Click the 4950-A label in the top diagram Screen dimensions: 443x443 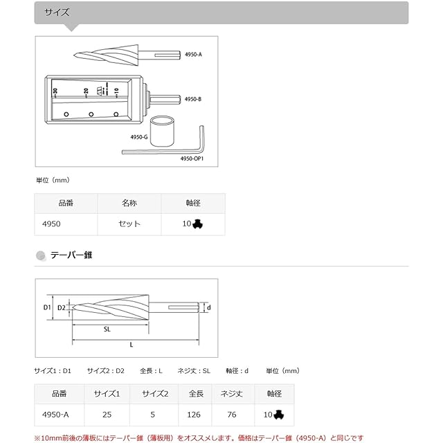pyautogui.click(x=193, y=54)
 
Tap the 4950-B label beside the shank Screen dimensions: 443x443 pyautogui.click(x=193, y=99)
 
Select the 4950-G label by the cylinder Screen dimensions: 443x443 pyautogui.click(x=139, y=137)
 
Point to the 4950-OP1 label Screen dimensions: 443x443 pyautogui.click(x=192, y=159)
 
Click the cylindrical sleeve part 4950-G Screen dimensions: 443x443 pyautogui.click(x=162, y=131)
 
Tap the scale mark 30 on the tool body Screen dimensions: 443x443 pyautogui.click(x=55, y=91)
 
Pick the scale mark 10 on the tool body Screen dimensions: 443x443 pyautogui.click(x=116, y=91)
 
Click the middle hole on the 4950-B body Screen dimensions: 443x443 pyautogui.click(x=91, y=114)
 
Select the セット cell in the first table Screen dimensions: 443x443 pyautogui.click(x=129, y=224)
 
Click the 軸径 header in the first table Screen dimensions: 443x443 pyautogui.click(x=193, y=203)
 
